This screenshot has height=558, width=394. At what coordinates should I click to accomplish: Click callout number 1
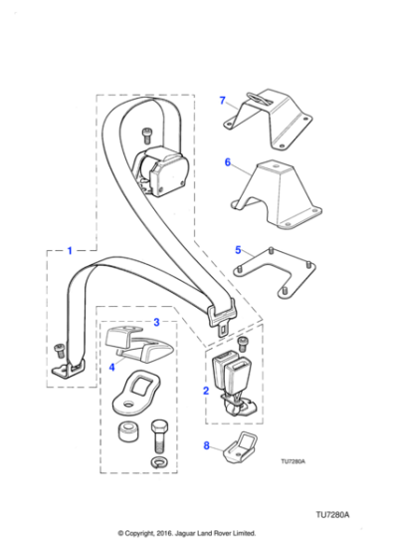point(70,250)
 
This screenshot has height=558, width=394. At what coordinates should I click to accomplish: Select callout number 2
point(206,392)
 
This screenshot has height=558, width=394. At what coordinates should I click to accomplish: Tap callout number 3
point(155,322)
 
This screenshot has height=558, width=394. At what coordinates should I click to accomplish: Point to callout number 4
point(112,368)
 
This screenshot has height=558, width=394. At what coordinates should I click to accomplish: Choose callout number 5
point(238,249)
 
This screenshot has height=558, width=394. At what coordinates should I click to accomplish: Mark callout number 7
point(223,100)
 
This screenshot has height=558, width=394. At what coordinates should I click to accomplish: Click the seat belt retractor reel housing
point(162,168)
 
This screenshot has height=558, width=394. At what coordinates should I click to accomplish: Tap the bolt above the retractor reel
point(146,132)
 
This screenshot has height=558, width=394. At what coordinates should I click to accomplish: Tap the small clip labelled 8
point(238,450)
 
